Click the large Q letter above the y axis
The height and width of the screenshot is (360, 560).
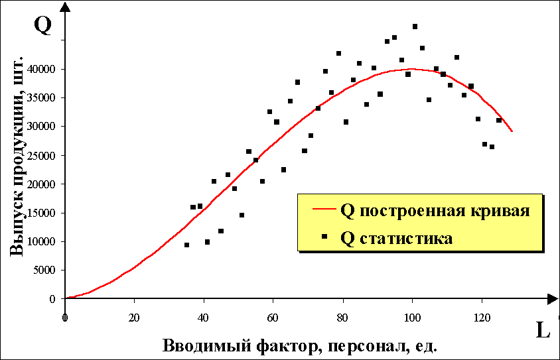(x=42, y=25)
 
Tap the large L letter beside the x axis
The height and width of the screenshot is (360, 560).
(x=542, y=330)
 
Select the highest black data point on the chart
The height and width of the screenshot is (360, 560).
(x=415, y=27)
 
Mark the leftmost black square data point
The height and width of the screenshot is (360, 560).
(x=186, y=245)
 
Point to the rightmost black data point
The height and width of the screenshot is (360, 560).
(x=498, y=120)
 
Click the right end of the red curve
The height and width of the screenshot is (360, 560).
(x=512, y=131)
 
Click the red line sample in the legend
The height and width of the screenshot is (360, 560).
(x=321, y=211)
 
